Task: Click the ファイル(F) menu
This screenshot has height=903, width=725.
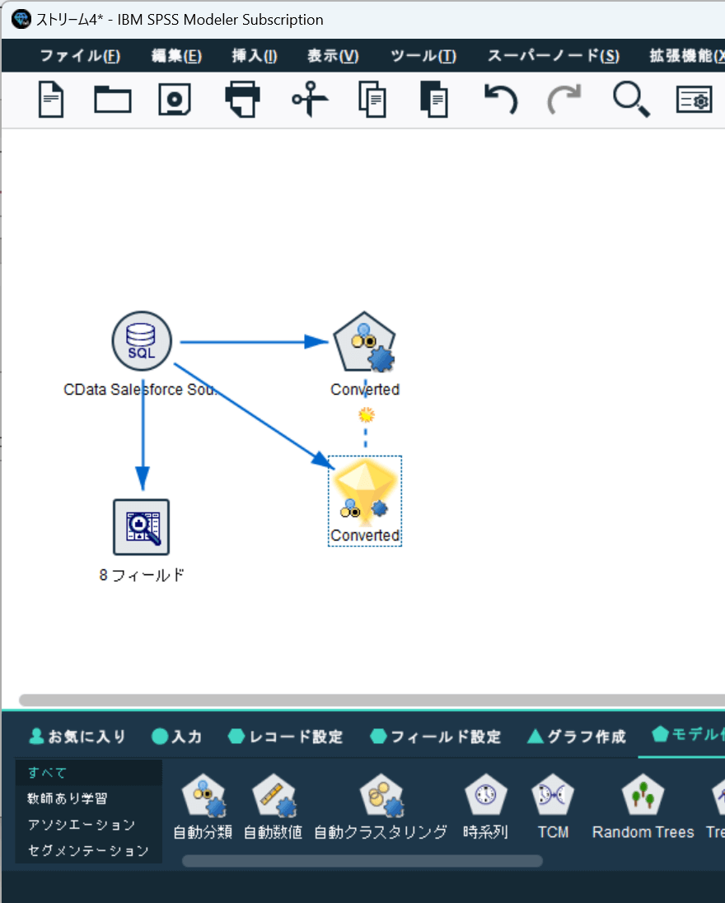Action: click(80, 56)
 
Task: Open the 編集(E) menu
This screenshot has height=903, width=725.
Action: click(176, 56)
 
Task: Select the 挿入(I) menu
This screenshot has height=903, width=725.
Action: click(255, 56)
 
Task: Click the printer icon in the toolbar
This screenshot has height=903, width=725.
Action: click(242, 100)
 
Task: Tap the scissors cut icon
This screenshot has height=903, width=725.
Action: click(310, 100)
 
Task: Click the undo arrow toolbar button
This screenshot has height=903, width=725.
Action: click(499, 100)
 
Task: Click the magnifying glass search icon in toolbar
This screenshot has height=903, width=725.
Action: click(631, 100)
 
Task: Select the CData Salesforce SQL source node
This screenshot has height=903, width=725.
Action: click(142, 341)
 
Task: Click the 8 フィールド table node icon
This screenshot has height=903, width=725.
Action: click(142, 526)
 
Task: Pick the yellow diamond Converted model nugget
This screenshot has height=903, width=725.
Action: click(365, 492)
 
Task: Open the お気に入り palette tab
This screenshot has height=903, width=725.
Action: click(77, 737)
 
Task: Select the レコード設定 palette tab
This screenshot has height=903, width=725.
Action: click(286, 737)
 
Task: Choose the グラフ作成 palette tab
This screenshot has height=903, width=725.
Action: click(576, 737)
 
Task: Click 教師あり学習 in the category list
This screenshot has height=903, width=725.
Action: click(68, 798)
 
